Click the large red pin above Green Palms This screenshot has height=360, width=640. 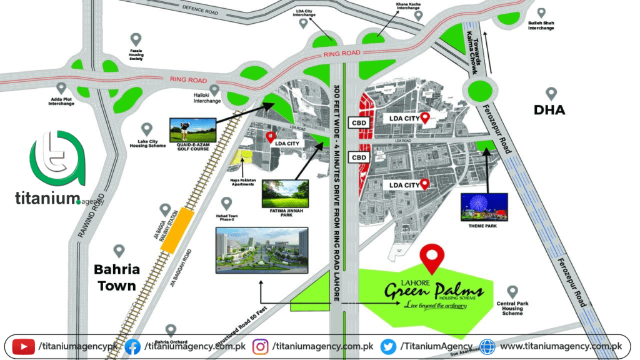click(431, 256)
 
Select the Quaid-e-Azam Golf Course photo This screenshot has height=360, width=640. click(193, 130)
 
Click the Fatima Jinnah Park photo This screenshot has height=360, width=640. click(285, 194)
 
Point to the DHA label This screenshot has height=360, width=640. click(549, 111)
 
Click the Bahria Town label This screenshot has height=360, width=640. click(116, 278)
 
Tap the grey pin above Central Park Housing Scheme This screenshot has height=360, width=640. click(512, 292)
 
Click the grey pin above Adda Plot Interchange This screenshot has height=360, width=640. click(61, 89)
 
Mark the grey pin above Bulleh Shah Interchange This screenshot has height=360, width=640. click(541, 12)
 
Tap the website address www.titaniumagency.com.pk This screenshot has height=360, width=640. click(561, 346)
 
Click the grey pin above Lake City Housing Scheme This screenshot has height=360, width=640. click(147, 129)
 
